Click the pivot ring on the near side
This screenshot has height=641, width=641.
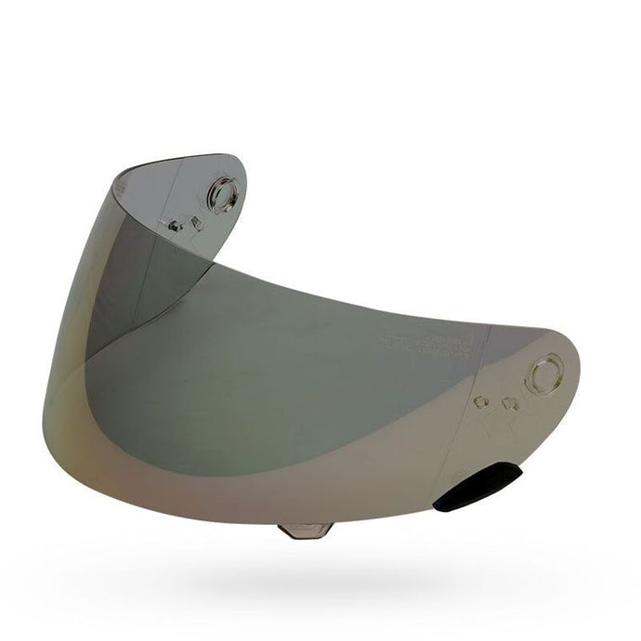[x=543, y=375]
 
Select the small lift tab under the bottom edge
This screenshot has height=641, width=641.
[x=306, y=530]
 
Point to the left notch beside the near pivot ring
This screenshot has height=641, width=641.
[x=482, y=401]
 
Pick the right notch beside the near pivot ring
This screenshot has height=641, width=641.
[x=508, y=403]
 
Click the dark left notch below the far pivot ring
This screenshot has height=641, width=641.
[x=175, y=226]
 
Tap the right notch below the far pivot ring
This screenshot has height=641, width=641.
[x=196, y=222]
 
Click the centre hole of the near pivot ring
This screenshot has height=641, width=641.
[x=543, y=375]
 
